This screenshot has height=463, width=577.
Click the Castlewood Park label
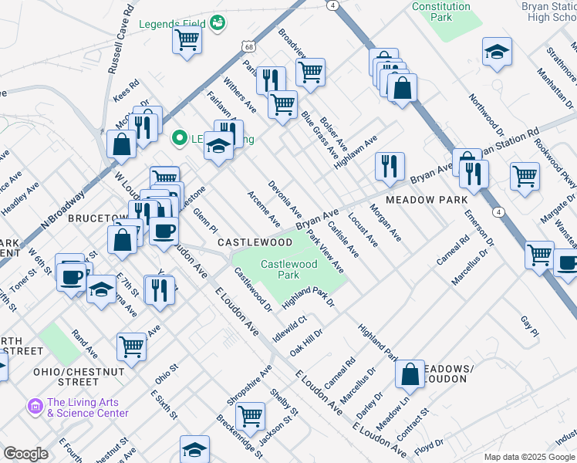pos(278,269)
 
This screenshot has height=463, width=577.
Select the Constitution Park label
pos(440,11)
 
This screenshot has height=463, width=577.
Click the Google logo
pos(25,454)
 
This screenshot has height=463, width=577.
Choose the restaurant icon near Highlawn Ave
pos(390,166)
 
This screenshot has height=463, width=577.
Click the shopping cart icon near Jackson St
pos(251,416)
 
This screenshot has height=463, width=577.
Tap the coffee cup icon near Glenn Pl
pos(163,231)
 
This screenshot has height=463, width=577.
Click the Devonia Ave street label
pos(285,199)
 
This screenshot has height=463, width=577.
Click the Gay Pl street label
pos(529,326)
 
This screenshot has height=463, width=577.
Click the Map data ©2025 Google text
pos(528,457)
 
